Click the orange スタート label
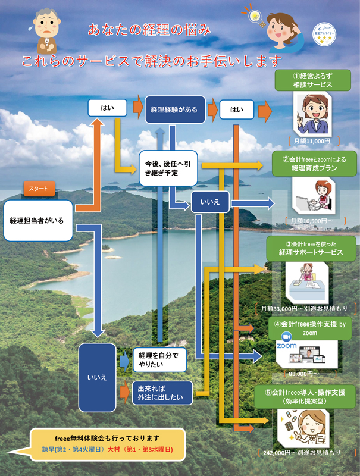click(40, 189)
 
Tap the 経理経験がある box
click(174, 109)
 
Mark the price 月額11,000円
click(312, 141)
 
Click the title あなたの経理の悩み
click(149, 30)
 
